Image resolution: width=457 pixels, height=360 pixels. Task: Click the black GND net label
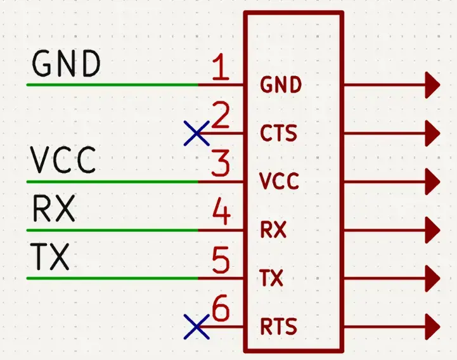pyautogui.click(x=66, y=64)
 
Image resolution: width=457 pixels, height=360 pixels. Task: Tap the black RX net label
pyautogui.click(x=53, y=209)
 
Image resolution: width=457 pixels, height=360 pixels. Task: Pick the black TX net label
pyautogui.click(x=49, y=257)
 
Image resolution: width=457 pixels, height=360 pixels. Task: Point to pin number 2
pyautogui.click(x=220, y=117)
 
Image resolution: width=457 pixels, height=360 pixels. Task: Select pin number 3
pyautogui.click(x=220, y=165)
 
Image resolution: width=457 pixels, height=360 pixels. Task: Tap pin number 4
pyautogui.click(x=221, y=213)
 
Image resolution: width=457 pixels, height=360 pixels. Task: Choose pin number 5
pyautogui.click(x=221, y=261)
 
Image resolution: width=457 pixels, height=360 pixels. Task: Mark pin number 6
pyautogui.click(x=221, y=310)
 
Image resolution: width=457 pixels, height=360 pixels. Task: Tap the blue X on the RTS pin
pyautogui.click(x=196, y=327)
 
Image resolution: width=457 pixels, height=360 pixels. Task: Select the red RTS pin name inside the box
pyautogui.click(x=279, y=328)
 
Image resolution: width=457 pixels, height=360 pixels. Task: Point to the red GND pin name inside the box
pyautogui.click(x=280, y=85)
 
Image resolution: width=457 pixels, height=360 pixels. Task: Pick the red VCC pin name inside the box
pyautogui.click(x=279, y=182)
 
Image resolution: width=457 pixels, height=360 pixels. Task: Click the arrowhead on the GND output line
pyautogui.click(x=432, y=84)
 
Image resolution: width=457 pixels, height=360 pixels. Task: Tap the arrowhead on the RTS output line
pyautogui.click(x=432, y=327)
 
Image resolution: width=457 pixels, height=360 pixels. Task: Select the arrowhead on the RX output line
pyautogui.click(x=432, y=229)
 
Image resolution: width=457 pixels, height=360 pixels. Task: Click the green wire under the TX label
pyautogui.click(x=114, y=278)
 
